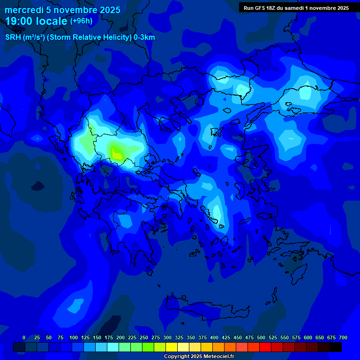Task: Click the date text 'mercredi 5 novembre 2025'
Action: [x=62, y=10]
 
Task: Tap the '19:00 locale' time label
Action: [x=36, y=21]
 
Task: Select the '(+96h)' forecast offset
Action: [x=81, y=21]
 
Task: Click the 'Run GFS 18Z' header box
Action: [x=296, y=8]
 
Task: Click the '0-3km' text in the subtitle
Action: [x=144, y=37]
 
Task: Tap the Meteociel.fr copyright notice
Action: [x=199, y=357]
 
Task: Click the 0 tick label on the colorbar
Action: [x=24, y=337]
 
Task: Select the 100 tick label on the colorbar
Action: [x=74, y=337]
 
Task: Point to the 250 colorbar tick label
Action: [x=144, y=337]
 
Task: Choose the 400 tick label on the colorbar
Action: [x=214, y=337]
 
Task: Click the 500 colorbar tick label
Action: [x=261, y=337]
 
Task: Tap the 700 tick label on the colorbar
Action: [x=343, y=337]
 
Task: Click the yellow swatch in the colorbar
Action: [x=172, y=347]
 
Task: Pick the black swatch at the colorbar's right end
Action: [x=336, y=347]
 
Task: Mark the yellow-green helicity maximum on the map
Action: [x=116, y=153]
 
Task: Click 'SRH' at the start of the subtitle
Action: [x=13, y=37]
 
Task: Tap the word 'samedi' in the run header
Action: [x=293, y=8]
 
